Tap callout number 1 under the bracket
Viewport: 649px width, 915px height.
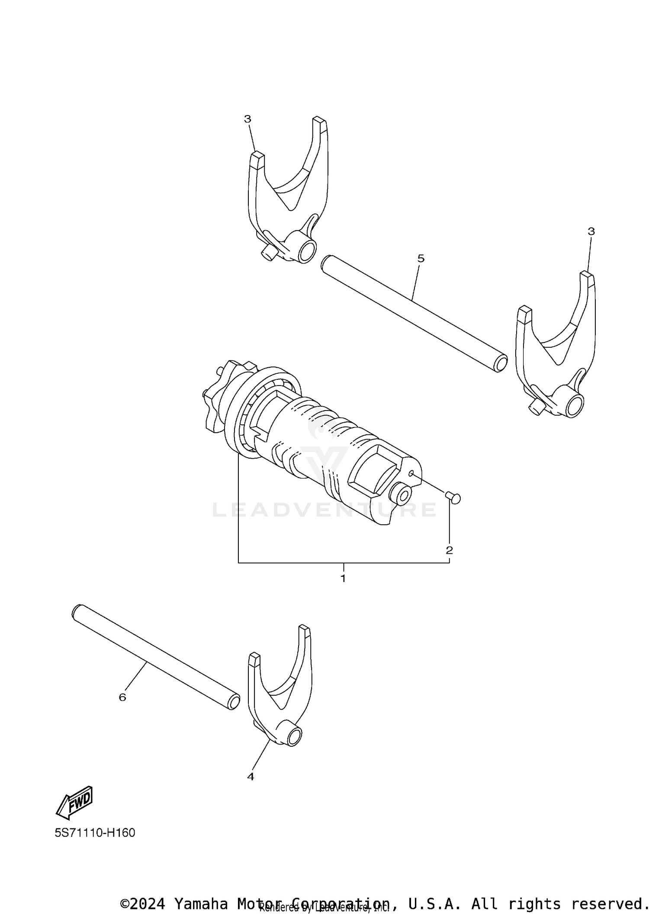(343, 578)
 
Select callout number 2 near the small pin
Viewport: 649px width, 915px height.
(449, 550)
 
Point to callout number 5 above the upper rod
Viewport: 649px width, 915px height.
(421, 259)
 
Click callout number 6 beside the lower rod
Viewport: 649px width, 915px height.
(122, 697)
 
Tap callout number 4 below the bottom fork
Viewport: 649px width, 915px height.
(251, 777)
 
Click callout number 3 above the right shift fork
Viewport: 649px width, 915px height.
(591, 231)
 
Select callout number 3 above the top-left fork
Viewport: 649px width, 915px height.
(247, 119)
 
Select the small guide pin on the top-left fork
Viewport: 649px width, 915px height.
(268, 253)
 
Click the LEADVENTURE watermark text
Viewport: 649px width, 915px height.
(324, 510)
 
